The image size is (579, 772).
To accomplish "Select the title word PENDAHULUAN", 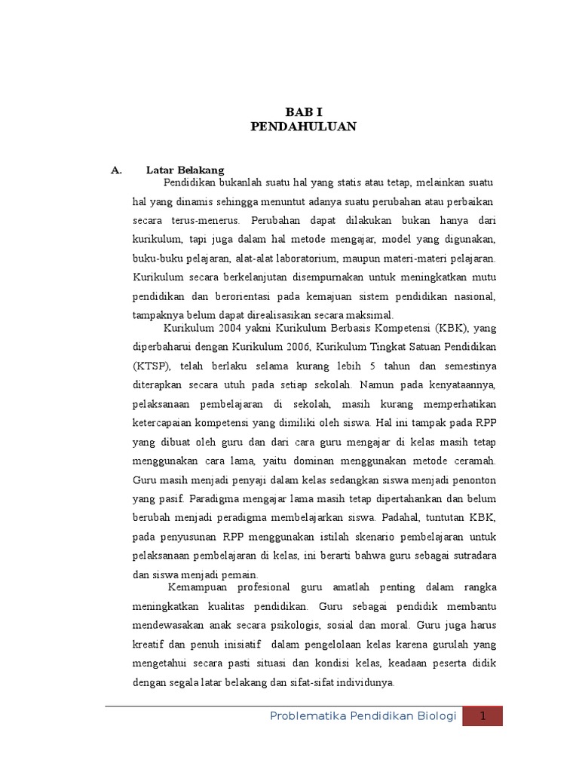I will click(x=303, y=127).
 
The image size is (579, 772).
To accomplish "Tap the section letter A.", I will click(x=116, y=170).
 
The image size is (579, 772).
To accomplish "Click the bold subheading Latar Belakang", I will click(x=185, y=170).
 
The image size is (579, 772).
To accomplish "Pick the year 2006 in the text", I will click(x=296, y=347).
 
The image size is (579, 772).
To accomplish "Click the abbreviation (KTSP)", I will click(x=151, y=366).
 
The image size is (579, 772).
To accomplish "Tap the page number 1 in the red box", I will click(x=482, y=716).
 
